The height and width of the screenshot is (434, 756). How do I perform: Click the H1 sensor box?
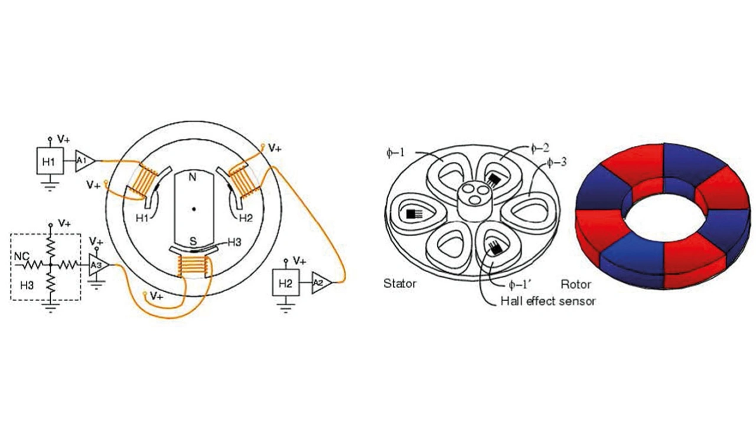tap(50, 161)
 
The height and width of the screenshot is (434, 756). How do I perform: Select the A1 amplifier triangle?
tap(83, 161)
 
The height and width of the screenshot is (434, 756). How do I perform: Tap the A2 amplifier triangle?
tap(320, 283)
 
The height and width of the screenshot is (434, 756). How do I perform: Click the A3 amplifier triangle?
tap(97, 265)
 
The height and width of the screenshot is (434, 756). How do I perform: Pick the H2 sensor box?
tap(286, 283)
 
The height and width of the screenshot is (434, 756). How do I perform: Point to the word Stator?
tap(400, 283)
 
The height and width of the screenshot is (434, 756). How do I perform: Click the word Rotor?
tap(576, 283)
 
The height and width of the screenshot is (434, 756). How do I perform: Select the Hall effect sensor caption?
tap(548, 301)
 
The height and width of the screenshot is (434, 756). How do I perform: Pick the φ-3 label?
tap(559, 161)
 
